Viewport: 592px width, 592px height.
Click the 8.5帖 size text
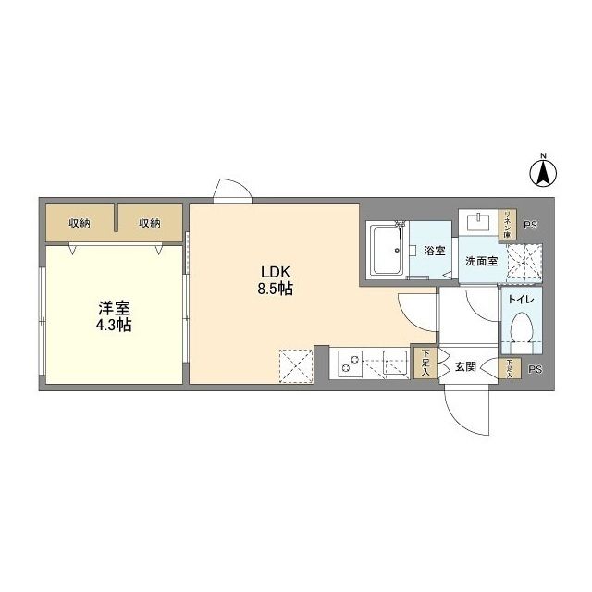tap(275, 289)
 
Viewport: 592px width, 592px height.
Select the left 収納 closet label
tap(80, 222)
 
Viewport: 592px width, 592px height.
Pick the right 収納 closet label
tap(150, 222)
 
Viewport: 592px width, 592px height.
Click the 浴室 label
tap(435, 251)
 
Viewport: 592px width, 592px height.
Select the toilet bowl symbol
tap(520, 331)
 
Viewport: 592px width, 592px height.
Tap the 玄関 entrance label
tap(464, 367)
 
